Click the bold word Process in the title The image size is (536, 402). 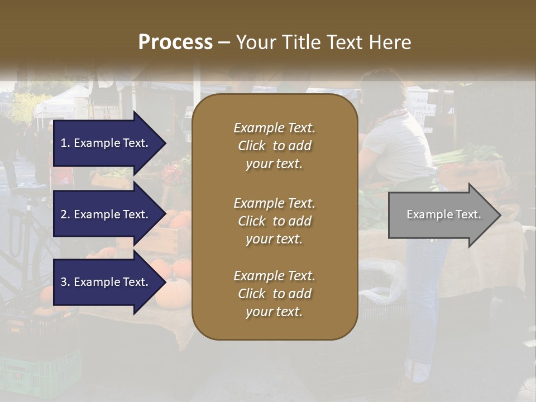click(x=175, y=42)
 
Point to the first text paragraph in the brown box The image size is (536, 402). click(x=274, y=146)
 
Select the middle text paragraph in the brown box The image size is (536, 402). click(x=274, y=221)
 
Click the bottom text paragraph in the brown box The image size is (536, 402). click(x=274, y=294)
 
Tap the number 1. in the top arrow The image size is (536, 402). click(x=65, y=143)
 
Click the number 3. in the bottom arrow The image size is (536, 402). click(x=65, y=282)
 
